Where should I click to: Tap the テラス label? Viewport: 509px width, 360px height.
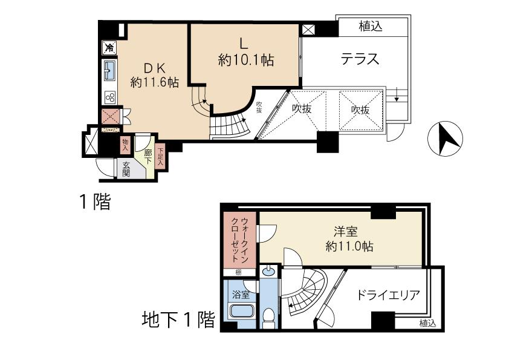click(360, 59)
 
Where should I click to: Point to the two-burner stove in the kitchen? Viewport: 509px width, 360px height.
click(110, 97)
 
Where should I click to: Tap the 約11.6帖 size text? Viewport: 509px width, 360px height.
click(154, 82)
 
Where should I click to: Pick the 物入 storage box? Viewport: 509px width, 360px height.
click(126, 144)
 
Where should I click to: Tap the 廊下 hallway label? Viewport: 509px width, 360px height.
click(147, 155)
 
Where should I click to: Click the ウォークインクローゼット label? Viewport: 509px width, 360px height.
click(240, 238)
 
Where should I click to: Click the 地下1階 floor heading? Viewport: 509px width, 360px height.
click(178, 319)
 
